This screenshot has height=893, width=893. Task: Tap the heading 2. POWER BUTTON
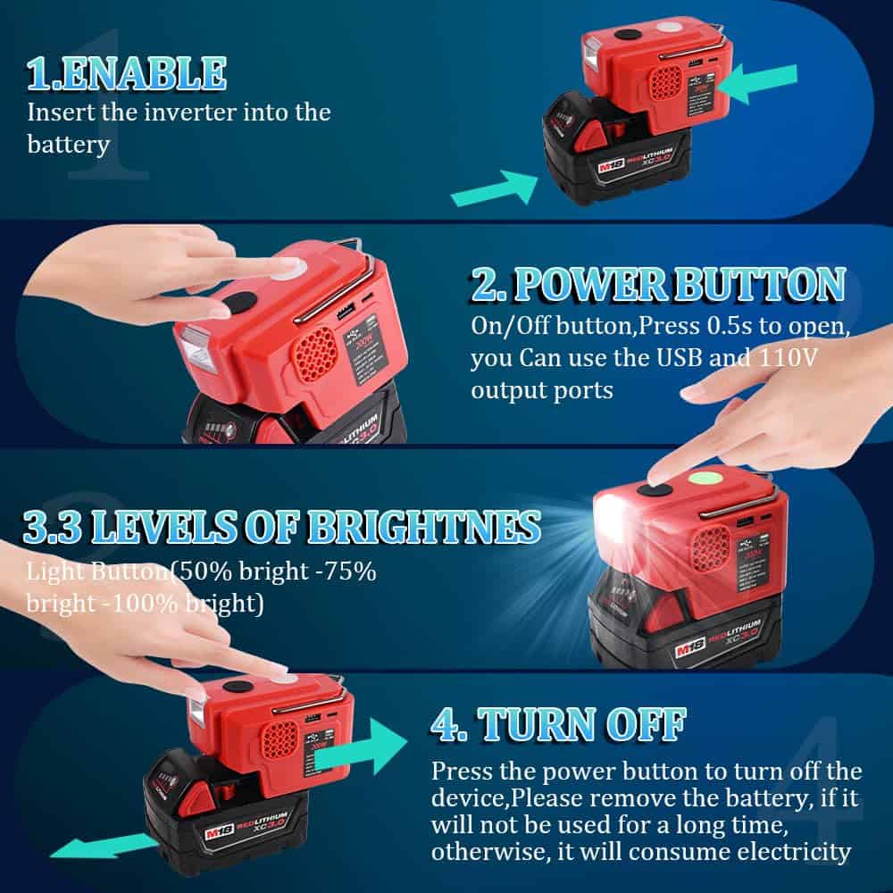656,284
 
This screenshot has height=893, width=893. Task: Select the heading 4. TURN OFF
557,724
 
